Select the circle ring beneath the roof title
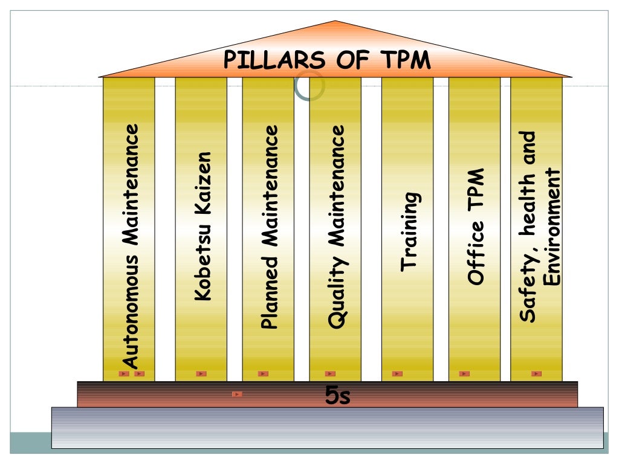click(x=309, y=86)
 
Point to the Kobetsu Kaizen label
click(x=202, y=226)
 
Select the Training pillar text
click(x=409, y=232)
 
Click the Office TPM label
click(x=476, y=227)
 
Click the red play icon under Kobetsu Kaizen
click(x=201, y=374)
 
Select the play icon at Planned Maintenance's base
click(x=263, y=374)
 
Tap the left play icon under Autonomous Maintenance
click(x=124, y=374)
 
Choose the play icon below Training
click(x=397, y=374)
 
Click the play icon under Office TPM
click(x=464, y=374)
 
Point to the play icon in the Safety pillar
click(x=536, y=374)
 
